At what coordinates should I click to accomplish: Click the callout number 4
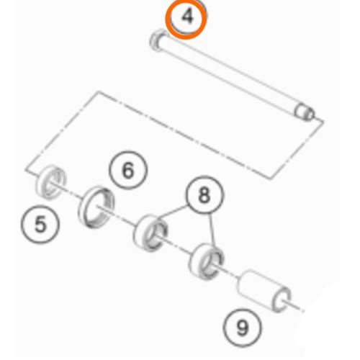tap(187, 17)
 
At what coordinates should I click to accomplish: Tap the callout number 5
tap(40, 224)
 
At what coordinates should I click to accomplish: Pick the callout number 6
tap(128, 170)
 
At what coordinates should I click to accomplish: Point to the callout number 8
tap(204, 194)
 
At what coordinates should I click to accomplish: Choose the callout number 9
tap(242, 328)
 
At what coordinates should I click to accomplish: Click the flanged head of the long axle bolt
tap(158, 40)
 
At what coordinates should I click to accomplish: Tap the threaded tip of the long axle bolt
tap(305, 112)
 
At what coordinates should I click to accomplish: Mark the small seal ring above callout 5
tap(50, 181)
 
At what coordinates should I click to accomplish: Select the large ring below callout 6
tap(96, 207)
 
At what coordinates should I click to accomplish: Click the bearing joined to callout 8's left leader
tap(150, 233)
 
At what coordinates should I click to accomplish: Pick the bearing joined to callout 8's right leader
tap(207, 261)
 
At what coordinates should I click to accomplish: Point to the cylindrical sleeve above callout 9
tap(264, 290)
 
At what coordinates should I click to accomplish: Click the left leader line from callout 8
tap(171, 212)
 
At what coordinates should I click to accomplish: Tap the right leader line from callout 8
tap(212, 230)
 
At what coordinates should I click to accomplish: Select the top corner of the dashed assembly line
tap(99, 91)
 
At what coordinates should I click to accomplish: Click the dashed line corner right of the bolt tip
tap(323, 121)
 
